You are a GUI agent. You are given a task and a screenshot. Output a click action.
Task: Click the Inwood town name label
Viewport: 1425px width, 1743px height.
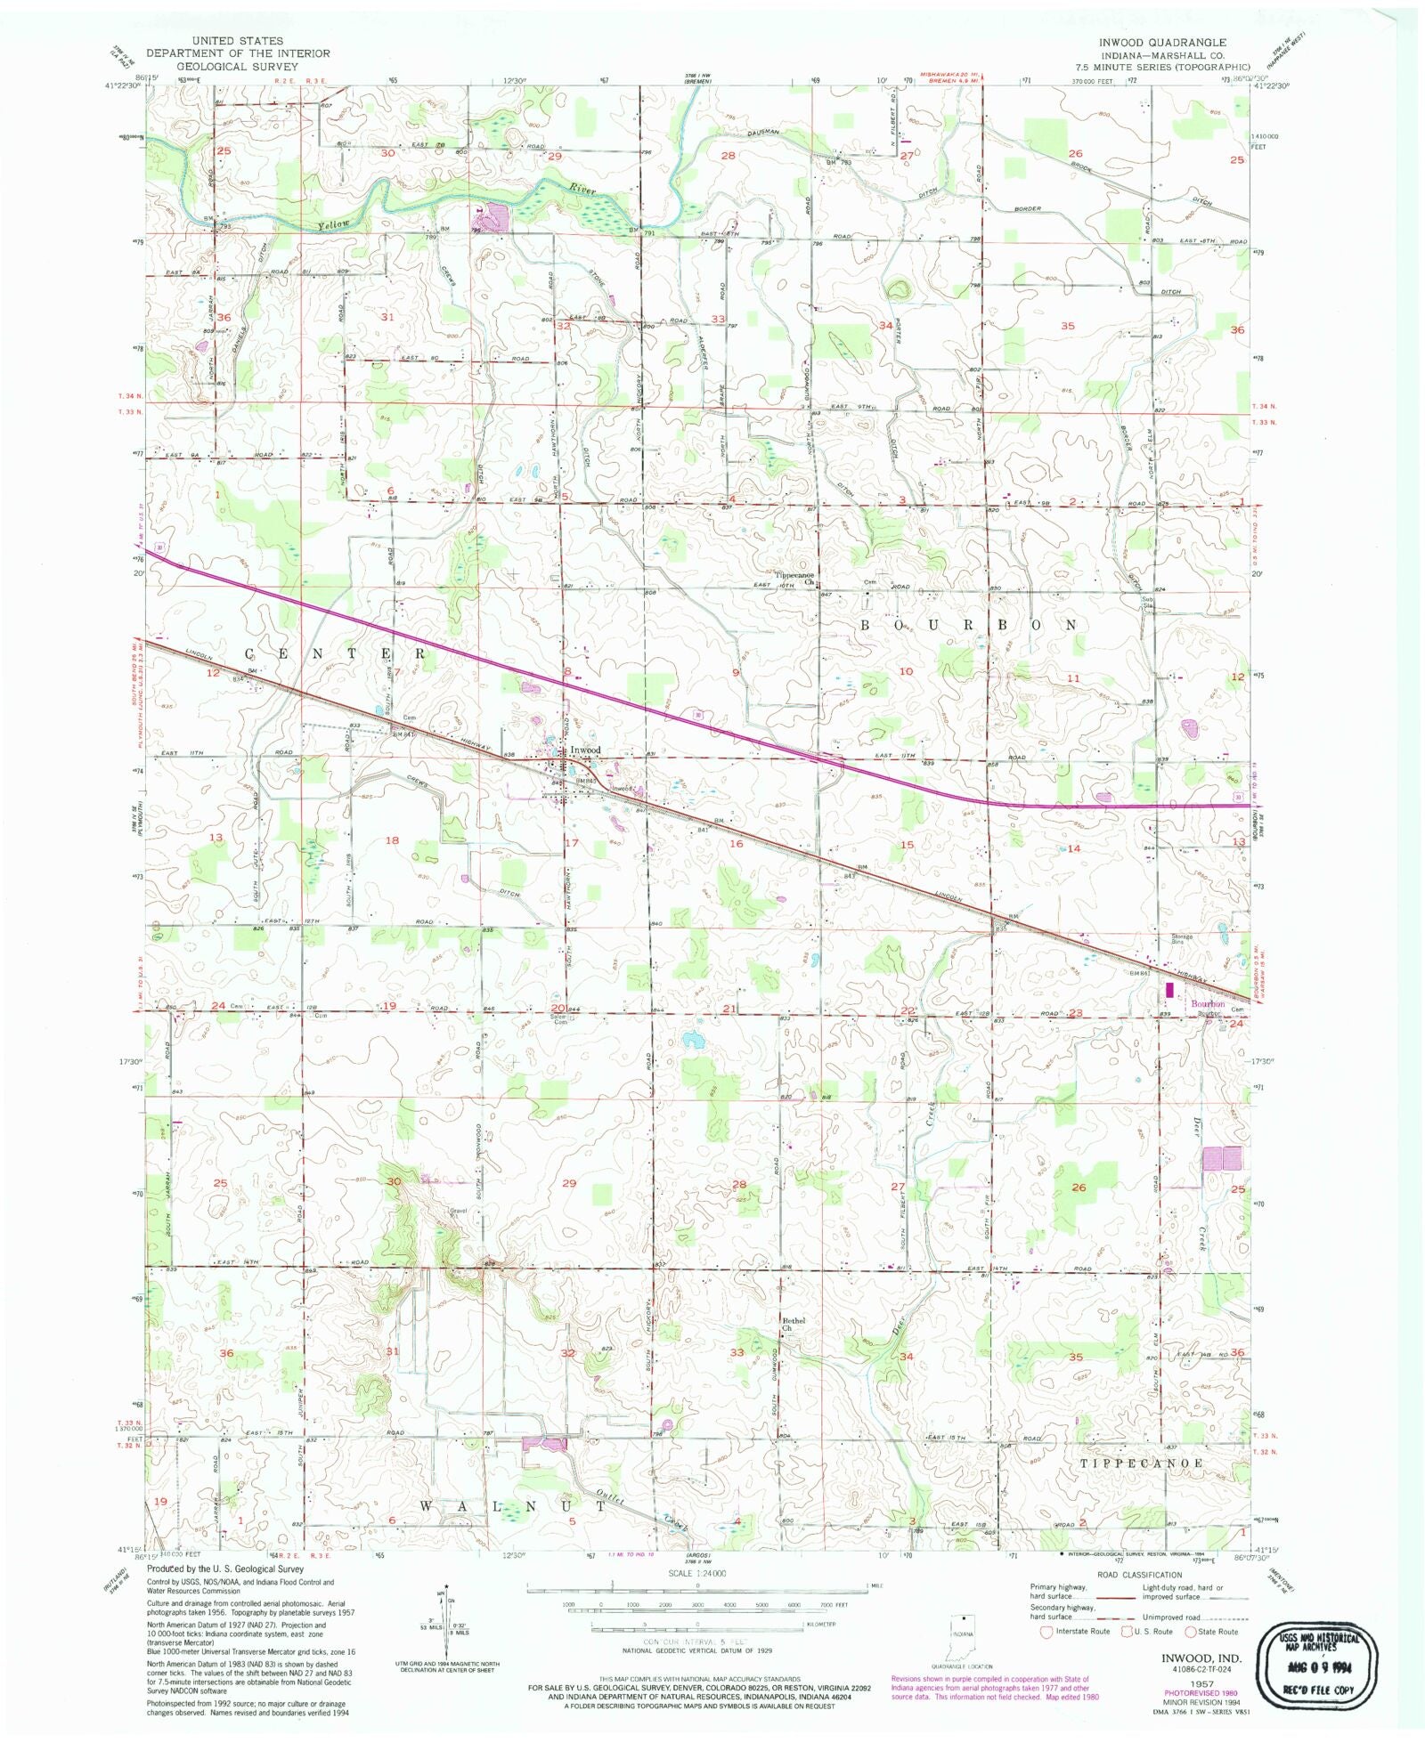pos(586,750)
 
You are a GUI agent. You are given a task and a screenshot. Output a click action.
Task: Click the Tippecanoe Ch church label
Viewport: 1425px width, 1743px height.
pos(794,577)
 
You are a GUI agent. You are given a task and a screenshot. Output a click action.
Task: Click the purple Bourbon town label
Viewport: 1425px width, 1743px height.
pos(1208,1004)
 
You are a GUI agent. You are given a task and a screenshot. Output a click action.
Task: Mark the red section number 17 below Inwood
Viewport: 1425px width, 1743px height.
pos(572,843)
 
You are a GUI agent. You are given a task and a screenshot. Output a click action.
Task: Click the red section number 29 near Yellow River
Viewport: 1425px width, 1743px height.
pos(555,157)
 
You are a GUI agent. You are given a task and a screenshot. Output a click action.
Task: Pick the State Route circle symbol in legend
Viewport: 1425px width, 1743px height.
pos(1190,1632)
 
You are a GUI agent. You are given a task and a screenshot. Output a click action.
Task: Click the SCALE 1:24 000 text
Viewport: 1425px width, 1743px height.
pos(697,1574)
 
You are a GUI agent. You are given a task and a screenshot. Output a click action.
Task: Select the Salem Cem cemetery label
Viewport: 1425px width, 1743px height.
pos(559,1019)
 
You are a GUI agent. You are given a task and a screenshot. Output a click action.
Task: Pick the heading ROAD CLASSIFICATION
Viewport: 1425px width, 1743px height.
pos(1139,1575)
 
